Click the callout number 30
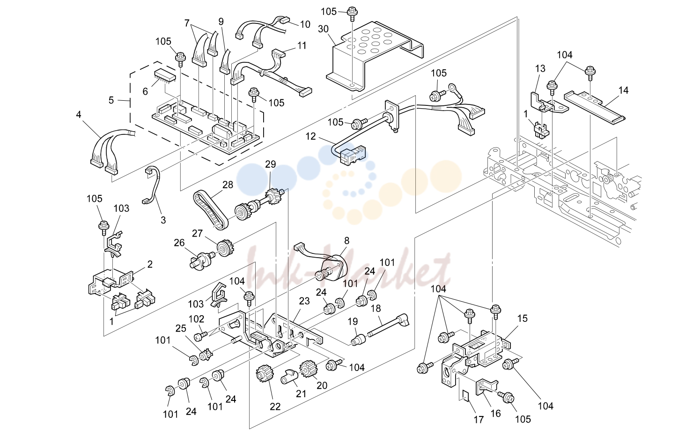tap(323, 29)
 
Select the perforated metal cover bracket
tap(375, 56)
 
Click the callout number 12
tap(310, 136)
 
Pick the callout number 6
tap(145, 91)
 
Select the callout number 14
tap(623, 90)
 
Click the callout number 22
tap(275, 407)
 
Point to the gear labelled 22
tap(265, 376)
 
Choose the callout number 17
tap(479, 419)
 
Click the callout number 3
tap(163, 220)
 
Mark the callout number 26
tap(179, 243)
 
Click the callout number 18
tap(376, 309)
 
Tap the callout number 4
tap(79, 114)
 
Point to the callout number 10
tap(305, 24)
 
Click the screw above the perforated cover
tap(353, 13)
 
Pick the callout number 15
tap(522, 319)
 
